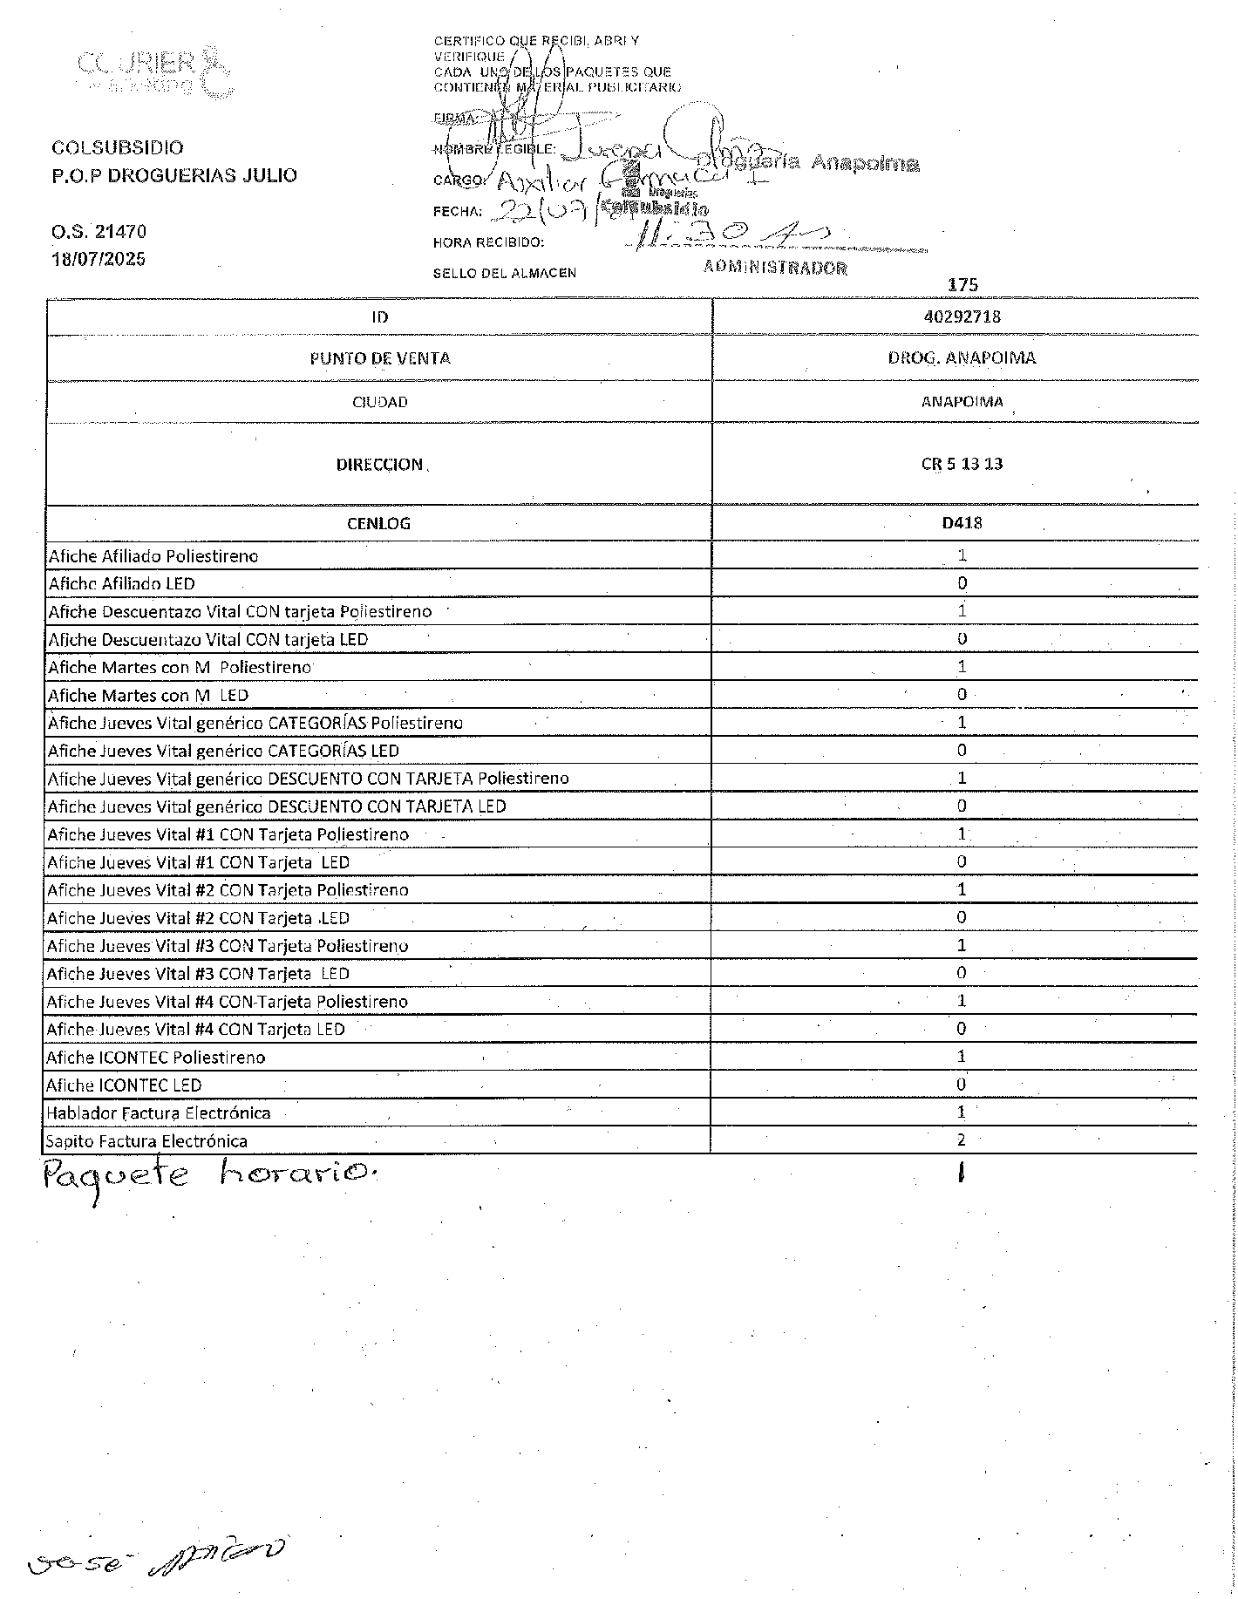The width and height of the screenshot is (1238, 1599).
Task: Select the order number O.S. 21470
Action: click(x=99, y=232)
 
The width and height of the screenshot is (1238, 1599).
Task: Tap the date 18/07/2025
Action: click(x=99, y=259)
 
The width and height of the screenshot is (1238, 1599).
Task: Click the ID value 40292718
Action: click(x=962, y=316)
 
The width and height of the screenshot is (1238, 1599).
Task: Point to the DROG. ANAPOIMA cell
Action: click(x=962, y=358)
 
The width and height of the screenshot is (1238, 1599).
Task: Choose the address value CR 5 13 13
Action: click(x=962, y=464)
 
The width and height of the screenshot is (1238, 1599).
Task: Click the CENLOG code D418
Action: click(x=962, y=523)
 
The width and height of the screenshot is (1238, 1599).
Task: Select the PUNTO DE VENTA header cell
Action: click(x=379, y=358)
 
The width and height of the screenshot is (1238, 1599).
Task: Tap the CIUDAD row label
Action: click(x=379, y=402)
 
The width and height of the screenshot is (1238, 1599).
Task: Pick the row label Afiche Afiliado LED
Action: click(x=122, y=583)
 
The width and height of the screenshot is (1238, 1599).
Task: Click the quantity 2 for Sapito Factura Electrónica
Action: click(x=962, y=1140)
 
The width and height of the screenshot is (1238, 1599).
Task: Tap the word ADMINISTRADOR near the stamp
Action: click(x=775, y=268)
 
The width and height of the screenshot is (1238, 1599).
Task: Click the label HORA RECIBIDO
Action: click(x=488, y=242)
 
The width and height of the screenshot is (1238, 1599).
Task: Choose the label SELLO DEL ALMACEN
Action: click(x=504, y=273)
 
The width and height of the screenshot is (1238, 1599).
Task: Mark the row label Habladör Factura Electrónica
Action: click(x=159, y=1112)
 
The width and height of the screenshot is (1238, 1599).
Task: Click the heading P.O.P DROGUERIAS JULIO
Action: click(x=174, y=175)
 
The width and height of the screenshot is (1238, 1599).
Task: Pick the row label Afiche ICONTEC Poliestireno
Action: click(x=157, y=1057)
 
